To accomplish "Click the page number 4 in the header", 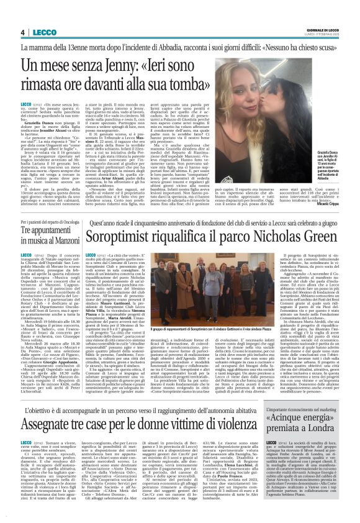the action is pyautogui.click(x=21, y=32).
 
